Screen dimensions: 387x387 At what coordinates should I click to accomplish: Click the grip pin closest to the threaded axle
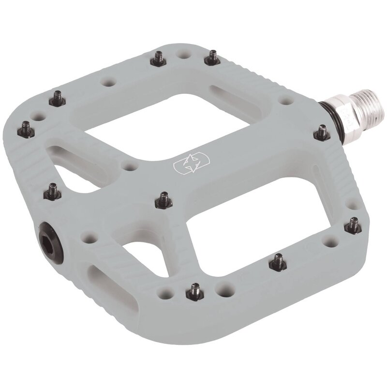click(x=322, y=132)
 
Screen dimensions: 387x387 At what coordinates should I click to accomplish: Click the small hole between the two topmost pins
click(x=183, y=53)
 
